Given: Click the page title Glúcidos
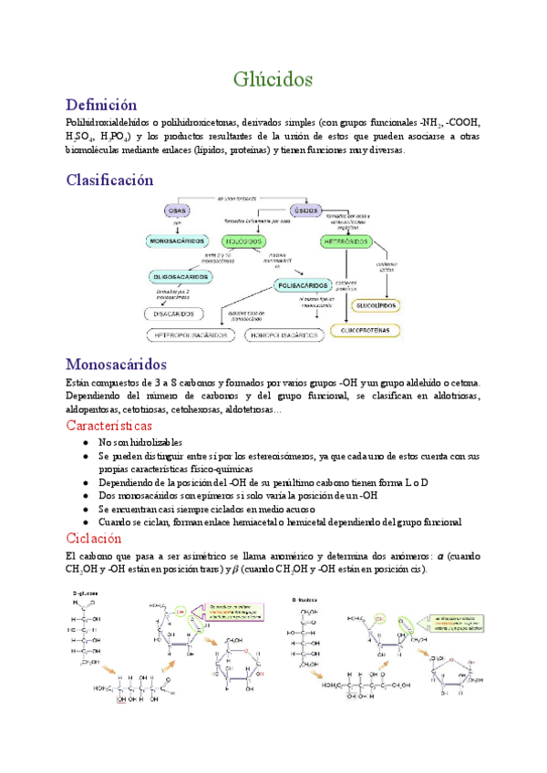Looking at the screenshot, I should tap(273, 79).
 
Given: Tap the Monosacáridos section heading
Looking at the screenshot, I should tap(124, 364).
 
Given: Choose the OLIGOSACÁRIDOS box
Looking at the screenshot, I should tap(183, 275).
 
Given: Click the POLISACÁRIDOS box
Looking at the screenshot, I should tap(303, 285).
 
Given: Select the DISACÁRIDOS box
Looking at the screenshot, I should tap(169, 314).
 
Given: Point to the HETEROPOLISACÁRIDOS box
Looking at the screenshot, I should tap(191, 335).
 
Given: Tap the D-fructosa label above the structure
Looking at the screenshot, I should tap(306, 599).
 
